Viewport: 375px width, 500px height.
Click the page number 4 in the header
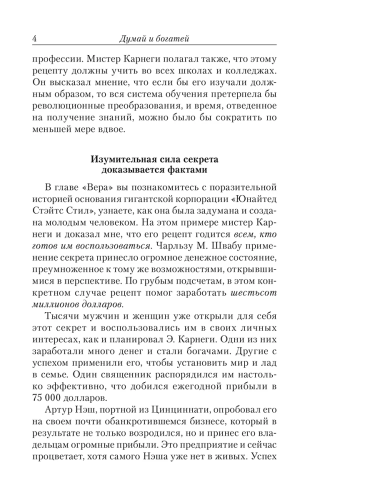[33, 38]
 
